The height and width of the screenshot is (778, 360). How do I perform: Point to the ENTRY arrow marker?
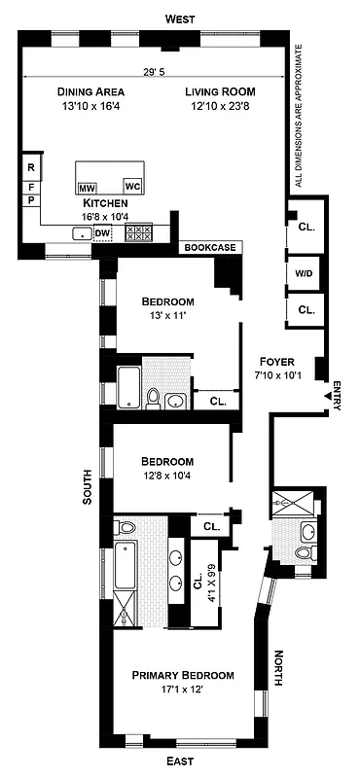(x=326, y=396)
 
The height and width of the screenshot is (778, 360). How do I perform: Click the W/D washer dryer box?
(x=304, y=274)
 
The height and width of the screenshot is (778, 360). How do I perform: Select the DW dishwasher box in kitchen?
(x=103, y=233)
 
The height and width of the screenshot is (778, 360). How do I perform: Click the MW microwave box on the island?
(x=87, y=187)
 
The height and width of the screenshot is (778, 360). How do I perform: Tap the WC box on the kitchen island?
(x=133, y=185)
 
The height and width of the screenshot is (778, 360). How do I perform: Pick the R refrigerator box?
(x=31, y=166)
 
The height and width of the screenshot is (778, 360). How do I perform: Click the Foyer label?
(x=274, y=362)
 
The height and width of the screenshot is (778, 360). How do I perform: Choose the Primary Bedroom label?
(x=184, y=675)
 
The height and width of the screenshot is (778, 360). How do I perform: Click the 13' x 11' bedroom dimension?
(x=166, y=317)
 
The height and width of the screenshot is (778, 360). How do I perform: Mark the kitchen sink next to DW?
(x=81, y=233)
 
